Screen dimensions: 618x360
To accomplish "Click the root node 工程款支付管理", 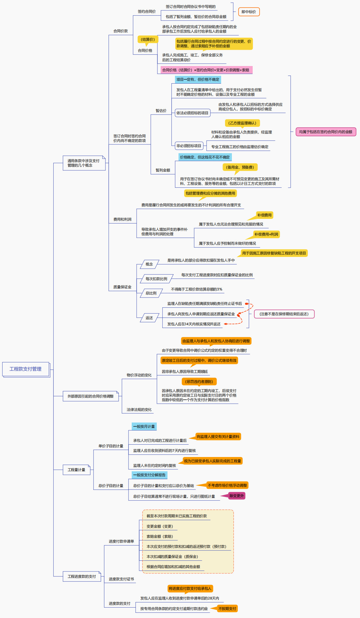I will tap(26, 369).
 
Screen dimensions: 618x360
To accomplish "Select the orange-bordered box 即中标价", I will tap(249, 12).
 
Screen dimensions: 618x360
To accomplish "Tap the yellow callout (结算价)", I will tap(148, 39).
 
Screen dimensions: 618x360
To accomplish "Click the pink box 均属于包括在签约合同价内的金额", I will tap(326, 132).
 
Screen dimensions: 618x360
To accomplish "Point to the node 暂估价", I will tap(161, 111).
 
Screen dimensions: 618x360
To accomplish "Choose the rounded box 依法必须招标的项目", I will tap(192, 113).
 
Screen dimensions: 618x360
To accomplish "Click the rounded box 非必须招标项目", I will tap(189, 146).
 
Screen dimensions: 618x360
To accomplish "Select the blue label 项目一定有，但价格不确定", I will tap(198, 79).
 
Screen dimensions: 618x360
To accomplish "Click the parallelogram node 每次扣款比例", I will tap(156, 279).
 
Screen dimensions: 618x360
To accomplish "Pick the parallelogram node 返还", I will tap(149, 318).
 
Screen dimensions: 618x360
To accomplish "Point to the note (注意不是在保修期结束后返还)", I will tap(284, 314).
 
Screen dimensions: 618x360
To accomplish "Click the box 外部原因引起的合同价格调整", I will tap(90, 396).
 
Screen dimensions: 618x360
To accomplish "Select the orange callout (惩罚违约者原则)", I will tap(199, 382).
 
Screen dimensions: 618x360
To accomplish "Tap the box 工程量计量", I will tap(76, 470).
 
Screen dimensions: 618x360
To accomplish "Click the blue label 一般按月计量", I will tap(144, 426).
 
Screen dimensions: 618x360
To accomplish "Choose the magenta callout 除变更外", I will tap(236, 496).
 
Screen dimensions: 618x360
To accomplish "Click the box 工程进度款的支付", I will tap(82, 576).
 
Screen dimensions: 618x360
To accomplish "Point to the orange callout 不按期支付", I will tap(227, 609).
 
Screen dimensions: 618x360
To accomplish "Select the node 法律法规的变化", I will tap(139, 410).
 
